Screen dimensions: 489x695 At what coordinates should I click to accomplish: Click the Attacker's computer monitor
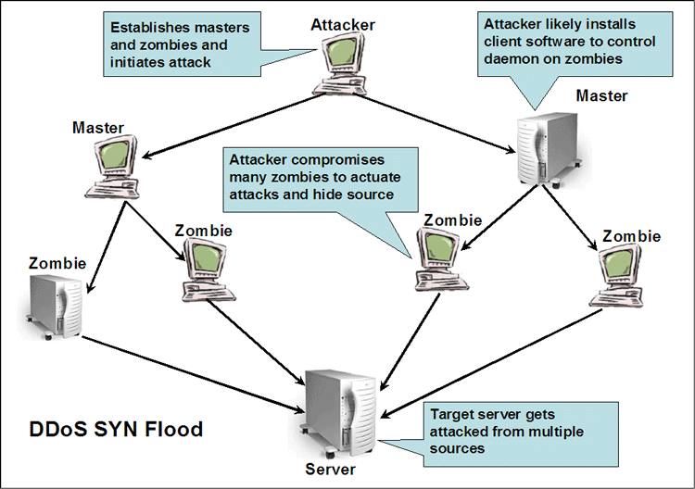(x=342, y=56)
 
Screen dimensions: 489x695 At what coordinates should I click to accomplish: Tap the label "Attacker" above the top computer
(x=343, y=23)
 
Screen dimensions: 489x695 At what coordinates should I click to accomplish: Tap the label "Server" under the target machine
(x=330, y=469)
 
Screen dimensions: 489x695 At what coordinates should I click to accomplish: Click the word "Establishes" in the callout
(x=148, y=29)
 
